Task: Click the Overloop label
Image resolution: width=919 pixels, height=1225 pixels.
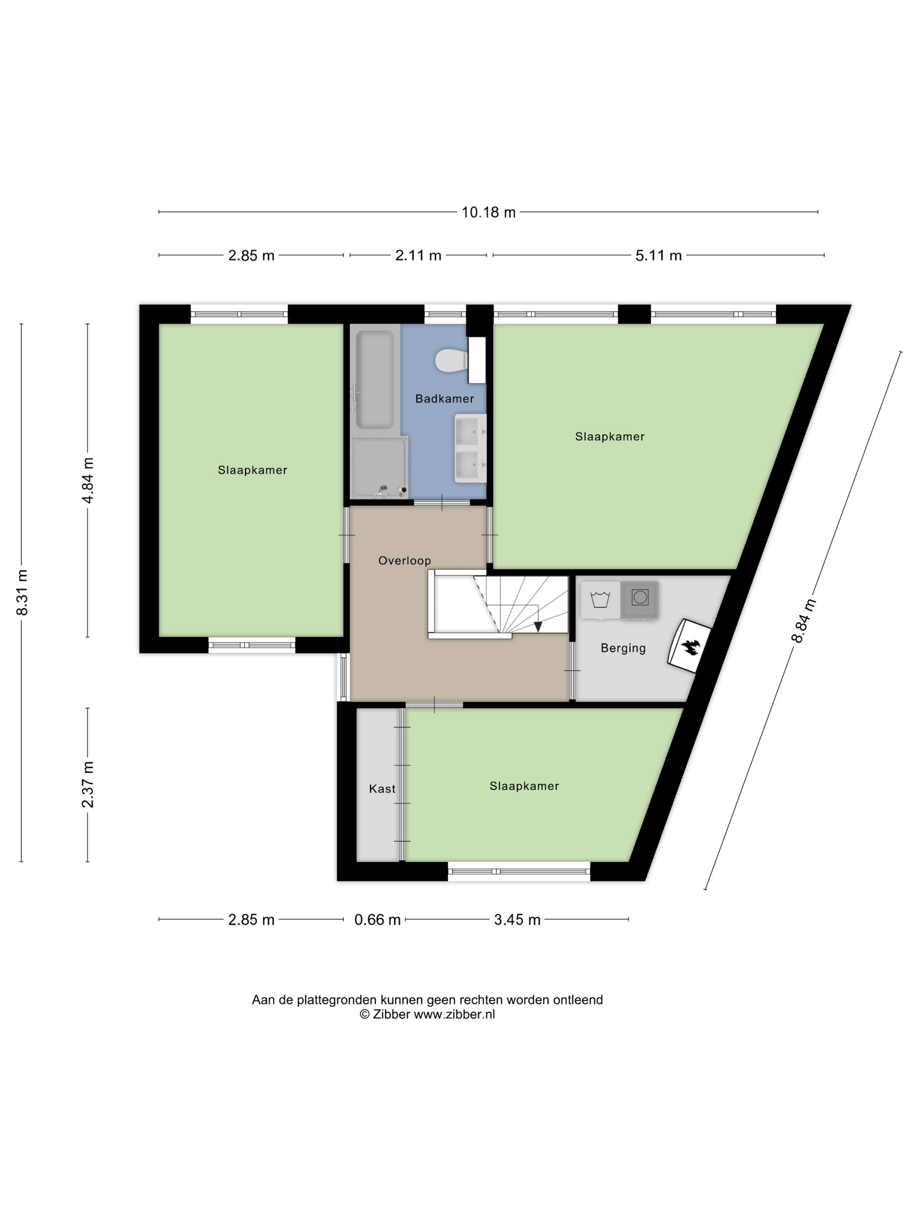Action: (404, 560)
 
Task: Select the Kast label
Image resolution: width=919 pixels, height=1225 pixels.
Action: (382, 789)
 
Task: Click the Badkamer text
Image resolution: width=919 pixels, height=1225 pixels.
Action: (444, 399)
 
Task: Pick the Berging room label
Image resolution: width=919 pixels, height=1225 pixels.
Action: (623, 648)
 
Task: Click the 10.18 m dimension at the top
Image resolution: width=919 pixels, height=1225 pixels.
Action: (488, 212)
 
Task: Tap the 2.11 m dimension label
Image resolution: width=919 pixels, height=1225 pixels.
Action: (418, 255)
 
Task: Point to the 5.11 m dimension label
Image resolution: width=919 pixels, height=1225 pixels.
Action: (658, 255)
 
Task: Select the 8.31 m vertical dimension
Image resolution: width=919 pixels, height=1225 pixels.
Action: (22, 592)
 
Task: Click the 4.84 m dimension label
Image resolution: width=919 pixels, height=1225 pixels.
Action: (88, 479)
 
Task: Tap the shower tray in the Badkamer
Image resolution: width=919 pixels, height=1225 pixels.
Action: (379, 467)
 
